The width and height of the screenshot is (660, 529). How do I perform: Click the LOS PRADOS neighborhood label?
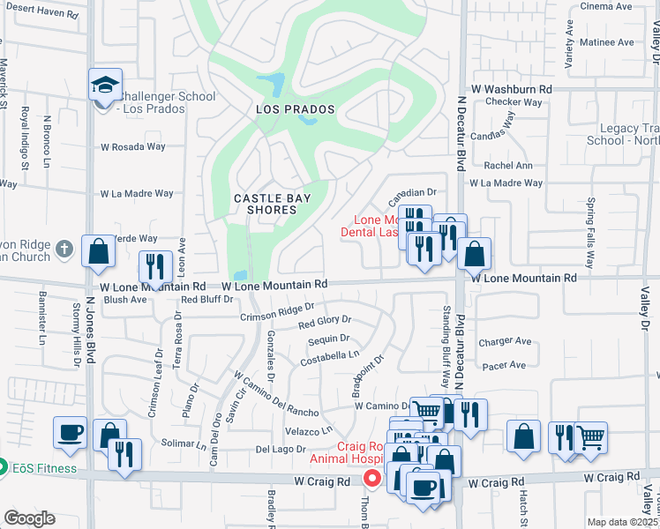(x=296, y=109)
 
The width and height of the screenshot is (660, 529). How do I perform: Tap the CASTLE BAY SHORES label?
(x=272, y=205)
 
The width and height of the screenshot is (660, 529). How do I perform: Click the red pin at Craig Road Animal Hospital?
(x=372, y=479)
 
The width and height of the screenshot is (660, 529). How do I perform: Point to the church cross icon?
(x=63, y=249)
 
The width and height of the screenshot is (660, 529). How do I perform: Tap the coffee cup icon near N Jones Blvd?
(x=71, y=433)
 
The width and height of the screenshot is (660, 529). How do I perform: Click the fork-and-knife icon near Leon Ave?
(x=155, y=267)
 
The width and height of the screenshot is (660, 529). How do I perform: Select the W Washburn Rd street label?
(x=511, y=90)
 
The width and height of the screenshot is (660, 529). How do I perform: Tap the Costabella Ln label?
(x=329, y=355)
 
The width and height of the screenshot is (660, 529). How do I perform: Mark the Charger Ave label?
(x=505, y=341)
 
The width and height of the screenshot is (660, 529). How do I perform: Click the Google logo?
(x=29, y=518)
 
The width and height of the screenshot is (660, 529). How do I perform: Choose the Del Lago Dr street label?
(x=281, y=450)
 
